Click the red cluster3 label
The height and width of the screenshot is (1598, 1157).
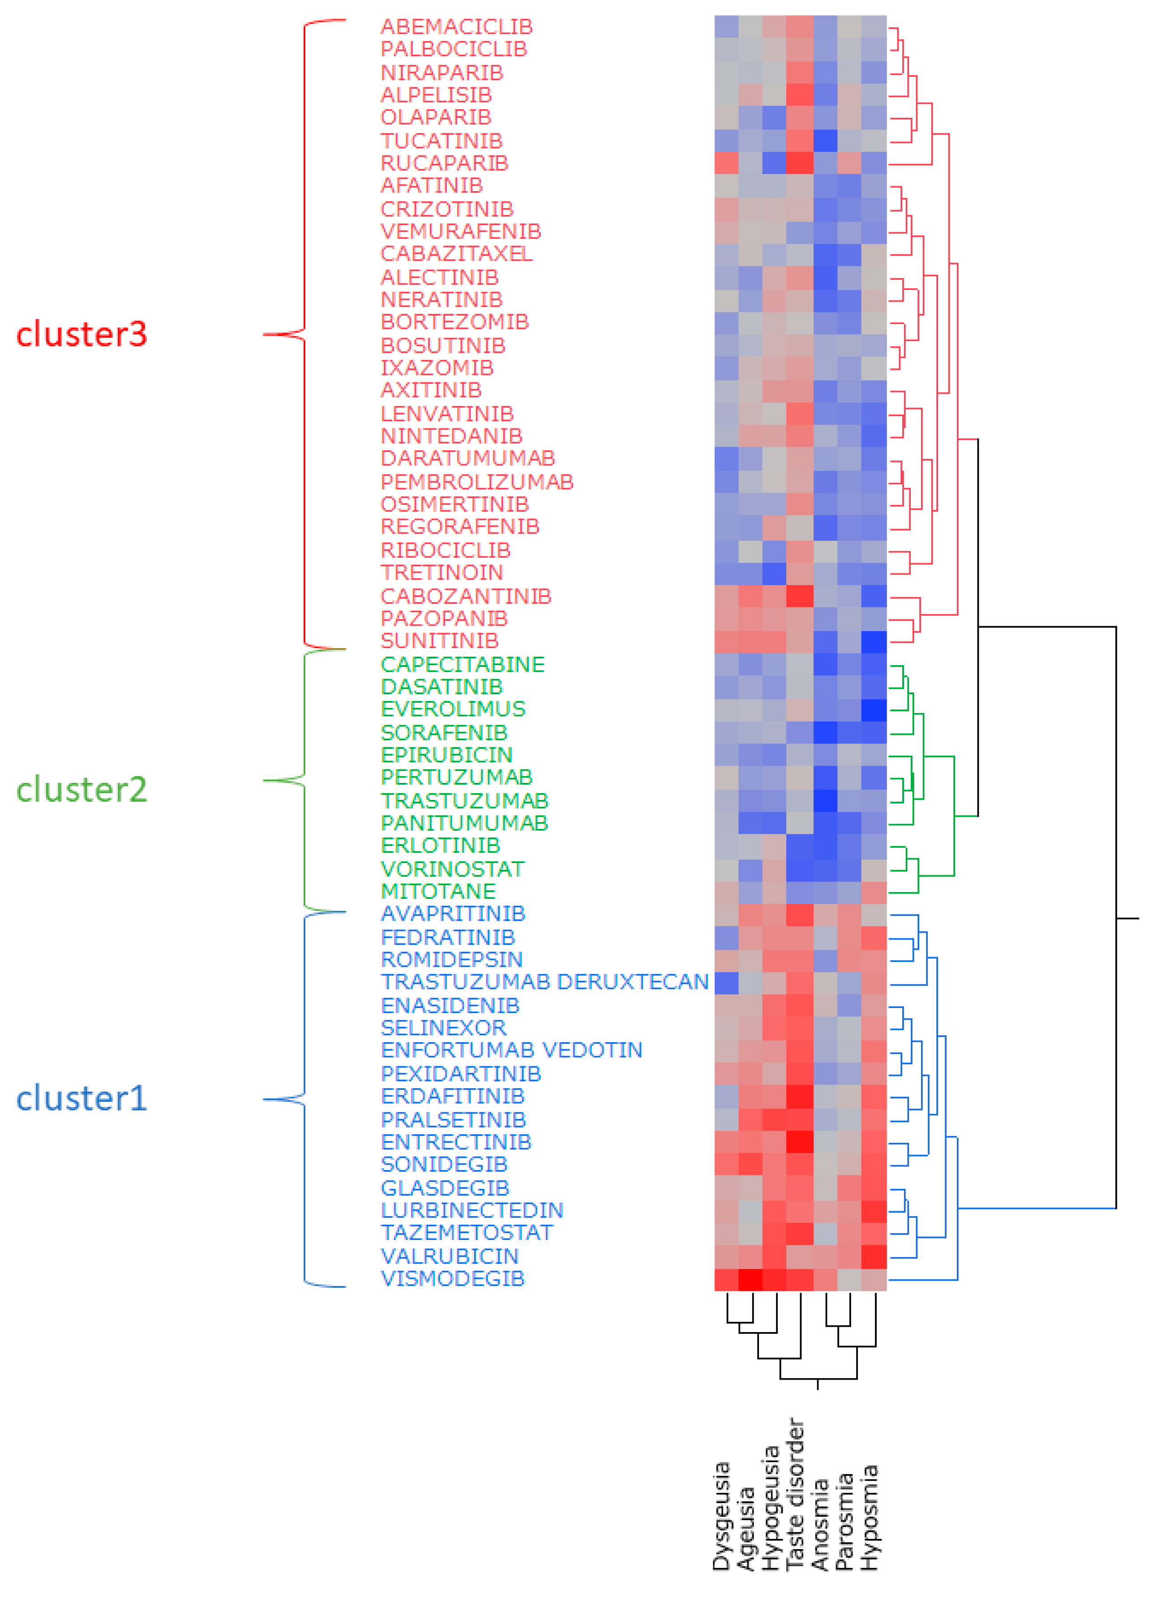82,334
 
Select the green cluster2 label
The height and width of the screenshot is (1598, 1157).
82,789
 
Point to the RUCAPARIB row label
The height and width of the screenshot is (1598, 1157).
444,163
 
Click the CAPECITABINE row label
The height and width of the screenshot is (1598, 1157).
462,664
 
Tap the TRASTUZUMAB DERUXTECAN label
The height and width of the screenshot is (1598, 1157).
544,982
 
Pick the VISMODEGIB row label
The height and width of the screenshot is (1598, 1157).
452,1278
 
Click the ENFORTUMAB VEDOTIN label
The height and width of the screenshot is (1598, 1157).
511,1050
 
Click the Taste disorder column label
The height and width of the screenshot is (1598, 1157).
795,1494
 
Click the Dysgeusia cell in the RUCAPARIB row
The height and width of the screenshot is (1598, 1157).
726,163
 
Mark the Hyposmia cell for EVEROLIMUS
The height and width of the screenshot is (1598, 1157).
874,709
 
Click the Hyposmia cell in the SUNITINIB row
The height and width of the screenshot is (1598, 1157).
874,641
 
